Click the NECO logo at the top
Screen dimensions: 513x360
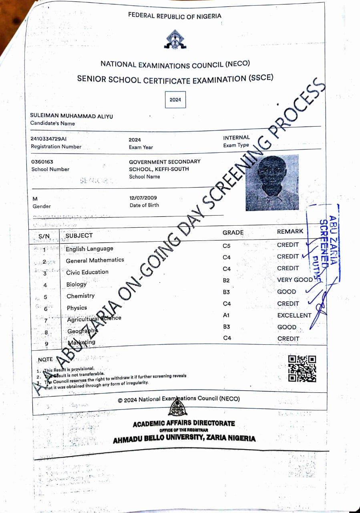(175, 40)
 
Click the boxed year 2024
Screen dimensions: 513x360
(175, 100)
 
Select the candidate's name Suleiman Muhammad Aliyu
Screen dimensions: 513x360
(72, 116)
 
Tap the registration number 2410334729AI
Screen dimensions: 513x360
(48, 139)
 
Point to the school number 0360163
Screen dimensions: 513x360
(42, 162)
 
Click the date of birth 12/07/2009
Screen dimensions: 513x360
(143, 198)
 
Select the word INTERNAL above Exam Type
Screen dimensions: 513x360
(236, 137)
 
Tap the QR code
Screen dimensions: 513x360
(302, 368)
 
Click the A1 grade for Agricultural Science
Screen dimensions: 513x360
(226, 315)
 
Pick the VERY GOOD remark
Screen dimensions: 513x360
(295, 280)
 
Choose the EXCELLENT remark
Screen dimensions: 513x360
(294, 315)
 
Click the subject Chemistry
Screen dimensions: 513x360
(80, 296)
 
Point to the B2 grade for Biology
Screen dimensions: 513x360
(226, 280)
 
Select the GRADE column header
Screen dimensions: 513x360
(233, 232)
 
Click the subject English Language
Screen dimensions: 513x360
(89, 249)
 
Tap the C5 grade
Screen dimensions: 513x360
(227, 245)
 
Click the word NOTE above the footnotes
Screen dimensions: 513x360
(45, 360)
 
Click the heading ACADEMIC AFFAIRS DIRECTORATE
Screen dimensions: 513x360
(184, 424)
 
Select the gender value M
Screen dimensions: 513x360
(35, 199)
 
